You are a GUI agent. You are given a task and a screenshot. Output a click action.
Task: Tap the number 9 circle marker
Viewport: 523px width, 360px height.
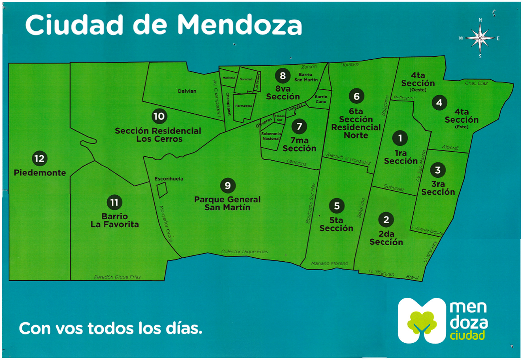click(x=228, y=186)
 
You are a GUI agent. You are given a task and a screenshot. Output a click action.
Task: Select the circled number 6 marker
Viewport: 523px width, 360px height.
click(x=357, y=96)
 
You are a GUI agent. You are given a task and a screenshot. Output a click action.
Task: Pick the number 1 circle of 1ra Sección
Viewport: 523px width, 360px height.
click(x=400, y=138)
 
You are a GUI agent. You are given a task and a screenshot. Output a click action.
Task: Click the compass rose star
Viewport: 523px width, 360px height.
click(x=480, y=38)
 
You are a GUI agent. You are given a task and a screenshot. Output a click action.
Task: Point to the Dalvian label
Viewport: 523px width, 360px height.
click(x=187, y=91)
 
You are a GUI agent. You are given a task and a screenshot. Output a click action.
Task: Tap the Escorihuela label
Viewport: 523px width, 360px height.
click(x=169, y=179)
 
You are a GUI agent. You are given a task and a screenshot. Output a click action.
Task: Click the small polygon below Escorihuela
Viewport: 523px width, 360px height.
click(x=162, y=190)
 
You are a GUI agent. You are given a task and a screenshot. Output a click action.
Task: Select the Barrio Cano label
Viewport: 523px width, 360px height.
click(x=321, y=99)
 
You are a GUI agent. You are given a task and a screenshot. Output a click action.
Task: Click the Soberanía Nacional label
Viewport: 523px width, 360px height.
click(x=271, y=136)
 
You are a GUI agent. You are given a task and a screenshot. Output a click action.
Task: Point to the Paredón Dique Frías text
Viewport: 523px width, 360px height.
click(x=117, y=277)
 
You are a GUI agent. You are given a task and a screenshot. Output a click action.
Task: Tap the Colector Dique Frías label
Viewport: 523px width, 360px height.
click(x=245, y=251)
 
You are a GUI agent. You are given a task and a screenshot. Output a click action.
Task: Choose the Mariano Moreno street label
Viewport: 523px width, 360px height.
click(x=330, y=263)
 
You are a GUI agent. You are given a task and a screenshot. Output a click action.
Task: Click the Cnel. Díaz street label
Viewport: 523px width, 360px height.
click(x=476, y=83)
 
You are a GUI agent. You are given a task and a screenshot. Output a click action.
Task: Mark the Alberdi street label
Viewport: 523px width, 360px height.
click(x=450, y=147)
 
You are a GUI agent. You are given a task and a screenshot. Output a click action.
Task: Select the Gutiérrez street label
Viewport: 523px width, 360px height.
click(x=394, y=188)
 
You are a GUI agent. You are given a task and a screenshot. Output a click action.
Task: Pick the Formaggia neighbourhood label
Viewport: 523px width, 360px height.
click(x=244, y=106)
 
